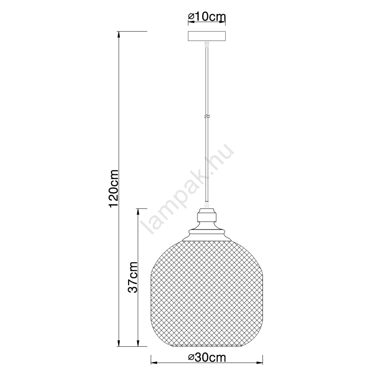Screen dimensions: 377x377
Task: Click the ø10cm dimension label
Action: pyautogui.click(x=207, y=17)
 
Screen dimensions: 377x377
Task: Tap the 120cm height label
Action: pyautogui.click(x=114, y=188)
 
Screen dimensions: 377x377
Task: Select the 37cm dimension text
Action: pyautogui.click(x=133, y=277)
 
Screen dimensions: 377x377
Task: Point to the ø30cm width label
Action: pyautogui.click(x=207, y=358)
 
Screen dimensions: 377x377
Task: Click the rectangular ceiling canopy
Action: pyautogui.click(x=207, y=37)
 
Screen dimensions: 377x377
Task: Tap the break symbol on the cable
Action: pyautogui.click(x=206, y=116)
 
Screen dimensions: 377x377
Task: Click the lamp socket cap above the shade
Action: pyautogui.click(x=206, y=215)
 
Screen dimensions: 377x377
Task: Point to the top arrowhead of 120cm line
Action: pyautogui.click(x=118, y=35)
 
